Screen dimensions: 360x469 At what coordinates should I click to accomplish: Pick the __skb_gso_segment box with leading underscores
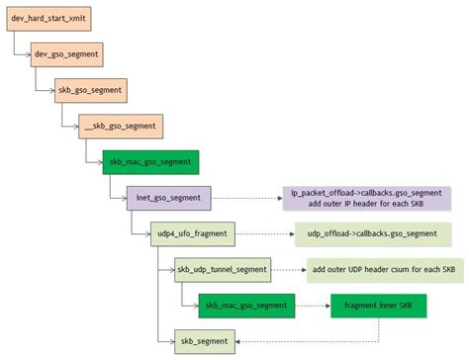tap(121, 126)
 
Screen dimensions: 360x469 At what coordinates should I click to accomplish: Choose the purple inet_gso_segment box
tap(167, 198)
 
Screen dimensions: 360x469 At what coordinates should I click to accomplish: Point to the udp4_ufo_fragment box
tap(194, 233)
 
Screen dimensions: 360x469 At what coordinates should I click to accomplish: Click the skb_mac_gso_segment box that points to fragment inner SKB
tap(245, 306)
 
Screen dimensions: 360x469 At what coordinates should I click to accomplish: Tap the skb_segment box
tap(206, 341)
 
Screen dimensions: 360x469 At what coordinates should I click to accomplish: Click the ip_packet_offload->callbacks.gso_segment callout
tap(366, 198)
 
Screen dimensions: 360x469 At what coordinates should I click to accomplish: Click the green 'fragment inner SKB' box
tap(379, 306)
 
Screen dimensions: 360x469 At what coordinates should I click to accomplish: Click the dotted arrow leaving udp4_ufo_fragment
tap(264, 233)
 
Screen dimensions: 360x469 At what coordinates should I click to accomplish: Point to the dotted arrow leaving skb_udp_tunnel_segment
tap(287, 269)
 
